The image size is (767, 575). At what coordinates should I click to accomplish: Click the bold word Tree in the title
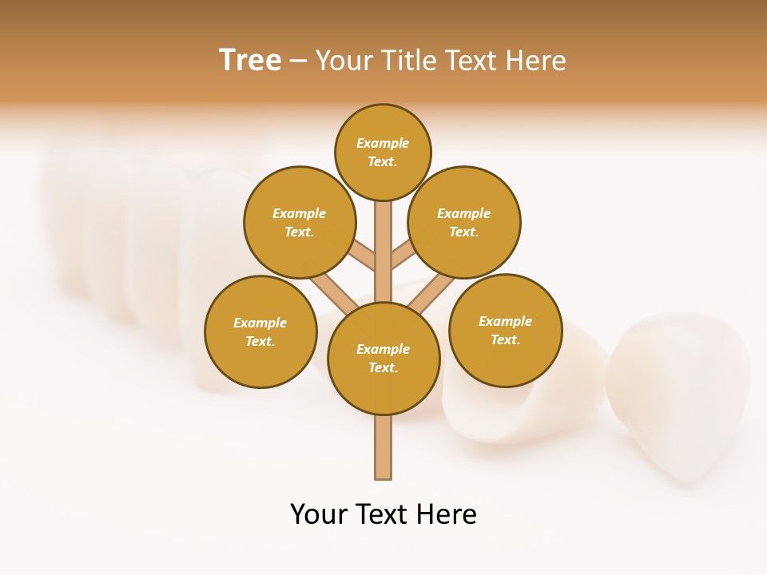pyautogui.click(x=250, y=60)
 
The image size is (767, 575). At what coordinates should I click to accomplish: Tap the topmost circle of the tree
pyautogui.click(x=383, y=152)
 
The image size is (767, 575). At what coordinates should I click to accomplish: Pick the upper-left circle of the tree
pyautogui.click(x=300, y=222)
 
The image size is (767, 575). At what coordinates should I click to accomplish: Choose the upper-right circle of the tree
pyautogui.click(x=464, y=222)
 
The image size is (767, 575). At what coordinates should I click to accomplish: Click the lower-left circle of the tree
pyautogui.click(x=260, y=331)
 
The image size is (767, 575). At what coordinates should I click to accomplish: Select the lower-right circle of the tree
pyautogui.click(x=505, y=330)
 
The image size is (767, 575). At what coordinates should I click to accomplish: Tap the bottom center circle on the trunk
pyautogui.click(x=383, y=359)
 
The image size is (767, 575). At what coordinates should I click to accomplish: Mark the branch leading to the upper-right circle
pyautogui.click(x=403, y=256)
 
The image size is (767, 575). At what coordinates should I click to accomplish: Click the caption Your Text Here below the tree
pyautogui.click(x=383, y=514)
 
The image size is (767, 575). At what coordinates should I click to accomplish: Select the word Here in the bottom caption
pyautogui.click(x=447, y=514)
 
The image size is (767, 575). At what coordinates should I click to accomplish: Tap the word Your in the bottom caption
pyautogui.click(x=320, y=514)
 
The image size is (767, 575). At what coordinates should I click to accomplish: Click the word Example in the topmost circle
pyautogui.click(x=383, y=143)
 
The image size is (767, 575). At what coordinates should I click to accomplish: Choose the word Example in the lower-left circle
pyautogui.click(x=260, y=323)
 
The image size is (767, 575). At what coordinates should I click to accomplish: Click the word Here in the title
pyautogui.click(x=537, y=60)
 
